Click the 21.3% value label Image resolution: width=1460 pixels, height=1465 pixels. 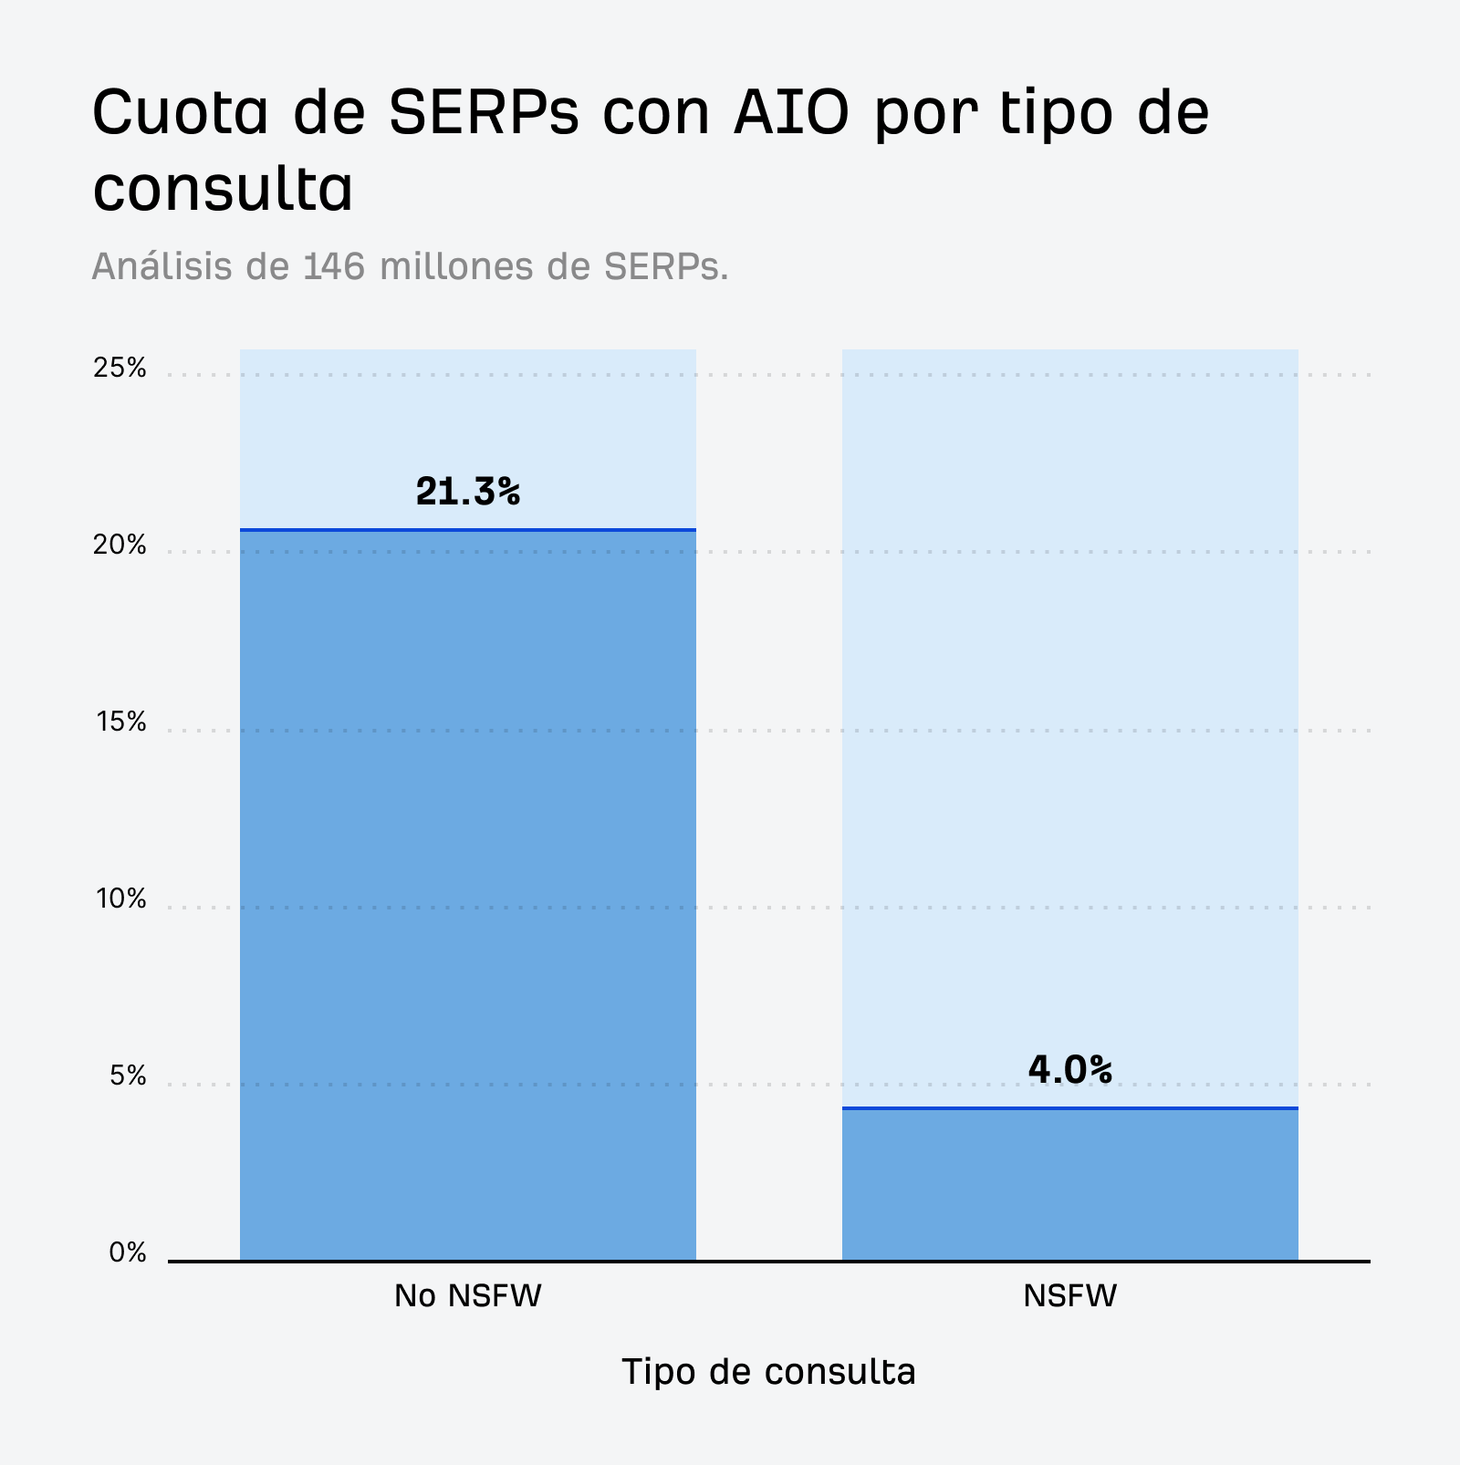point(467,493)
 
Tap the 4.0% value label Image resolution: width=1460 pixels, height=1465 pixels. point(1069,1070)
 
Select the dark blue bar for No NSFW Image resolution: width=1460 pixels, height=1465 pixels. point(467,894)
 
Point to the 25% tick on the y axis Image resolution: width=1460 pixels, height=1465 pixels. point(120,368)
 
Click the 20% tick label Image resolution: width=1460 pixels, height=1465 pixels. point(120,545)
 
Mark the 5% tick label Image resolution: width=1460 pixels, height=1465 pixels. point(127,1076)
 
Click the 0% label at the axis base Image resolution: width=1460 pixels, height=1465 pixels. point(128,1253)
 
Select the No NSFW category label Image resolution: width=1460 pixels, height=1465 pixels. point(467,1296)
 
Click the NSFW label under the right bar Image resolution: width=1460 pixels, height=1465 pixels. point(1069,1296)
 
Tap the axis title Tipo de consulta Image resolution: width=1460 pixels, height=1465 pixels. point(768,1372)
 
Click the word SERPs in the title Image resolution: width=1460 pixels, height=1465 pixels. point(484,112)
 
